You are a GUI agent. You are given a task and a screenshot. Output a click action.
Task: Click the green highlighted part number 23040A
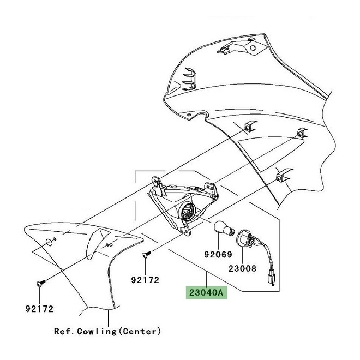point(206,292)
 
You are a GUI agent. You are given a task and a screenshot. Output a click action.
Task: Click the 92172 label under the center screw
point(145,280)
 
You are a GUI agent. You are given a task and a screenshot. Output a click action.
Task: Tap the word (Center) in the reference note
point(141,331)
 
